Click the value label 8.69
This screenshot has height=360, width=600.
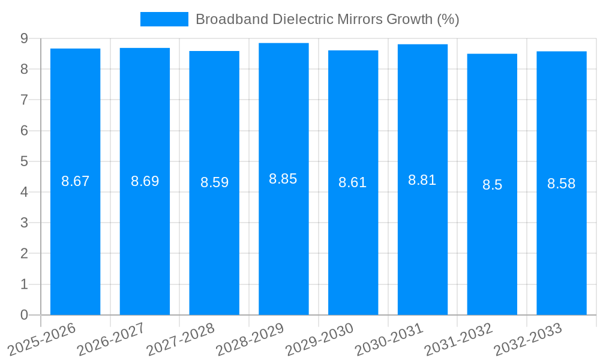pos(145,181)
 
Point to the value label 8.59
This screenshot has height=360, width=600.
pos(214,182)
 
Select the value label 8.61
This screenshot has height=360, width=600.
pos(353,182)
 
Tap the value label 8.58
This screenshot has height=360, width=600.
pos(561,184)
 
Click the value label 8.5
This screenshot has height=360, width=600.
pos(492,185)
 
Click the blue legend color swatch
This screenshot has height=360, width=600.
pos(164,19)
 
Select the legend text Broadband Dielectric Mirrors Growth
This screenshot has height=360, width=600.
pos(327,19)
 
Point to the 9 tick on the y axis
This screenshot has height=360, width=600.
pos(24,38)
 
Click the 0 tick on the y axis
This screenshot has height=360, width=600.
pos(24,315)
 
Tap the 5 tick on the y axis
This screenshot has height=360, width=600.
pos(24,161)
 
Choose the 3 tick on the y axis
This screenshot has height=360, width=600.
pos(24,223)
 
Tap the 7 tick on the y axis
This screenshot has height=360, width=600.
pos(24,100)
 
